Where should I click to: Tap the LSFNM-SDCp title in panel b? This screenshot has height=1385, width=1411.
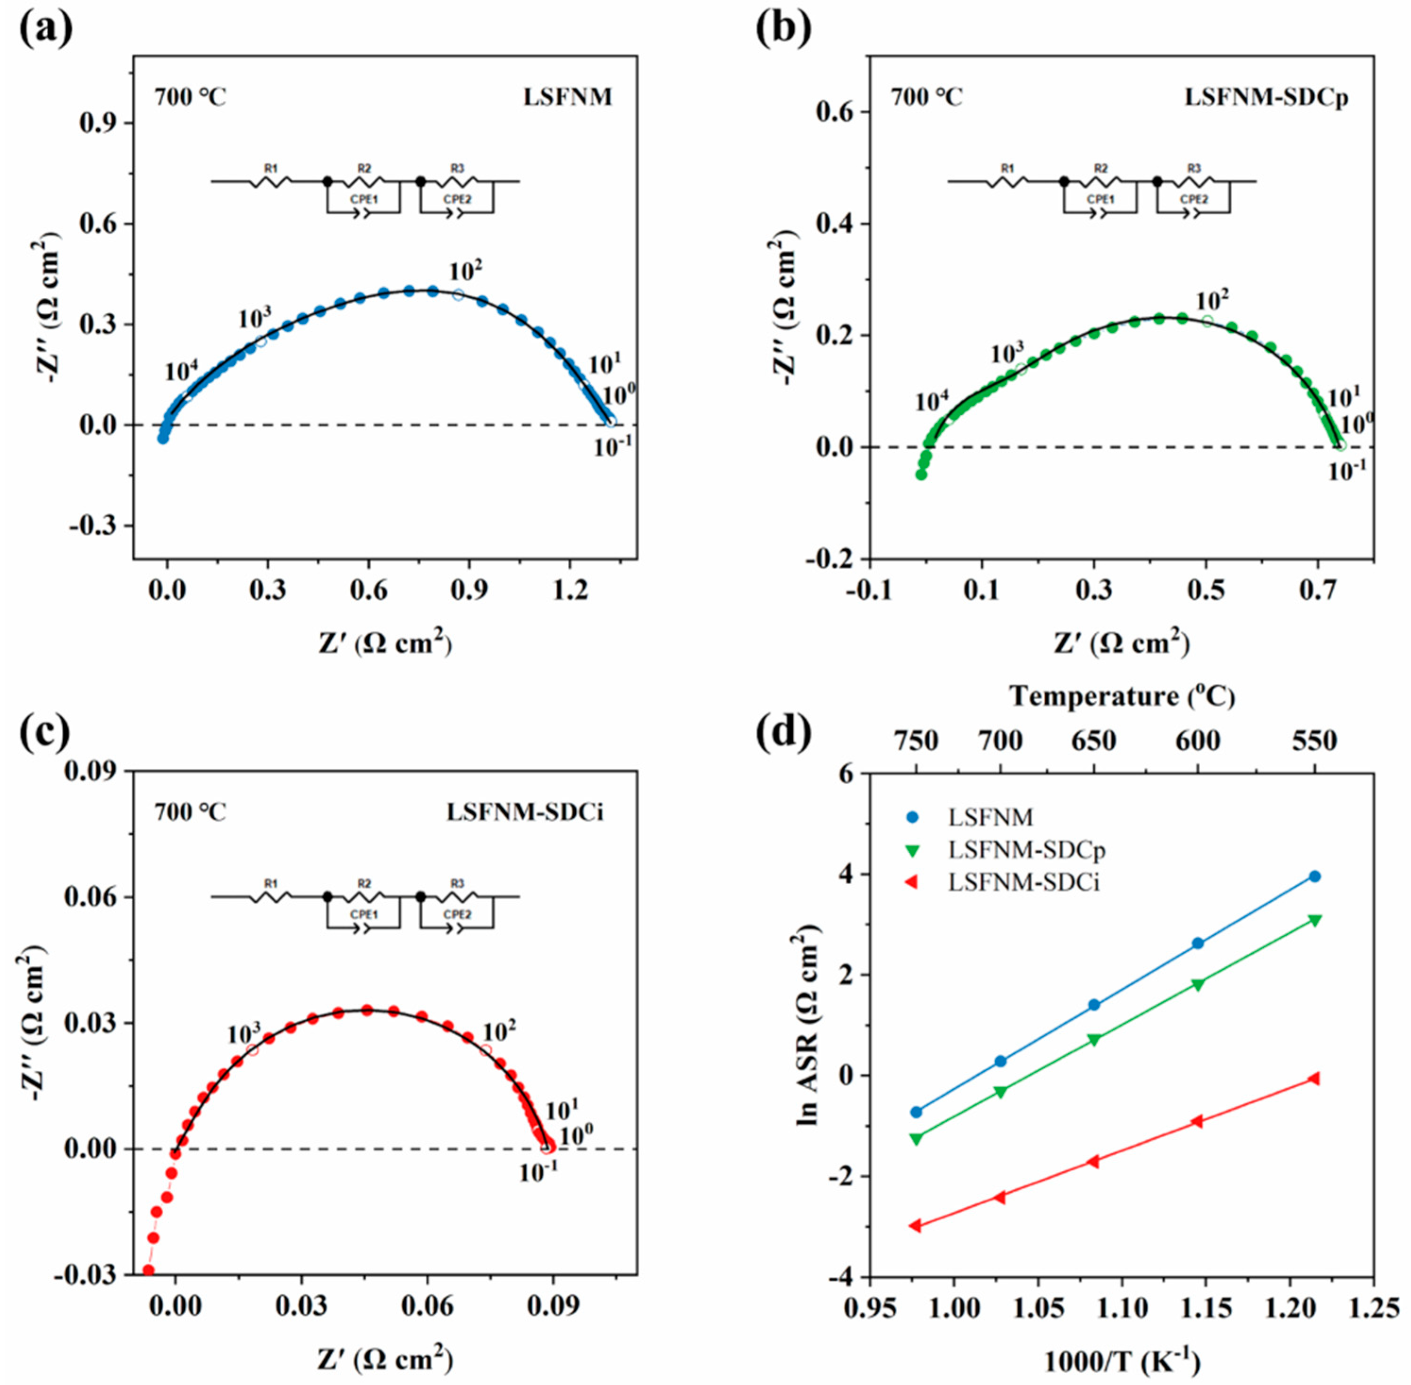(x=1266, y=97)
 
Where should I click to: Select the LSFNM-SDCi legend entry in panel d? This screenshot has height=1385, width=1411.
(x=1024, y=883)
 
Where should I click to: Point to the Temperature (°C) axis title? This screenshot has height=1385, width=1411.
(x=1122, y=697)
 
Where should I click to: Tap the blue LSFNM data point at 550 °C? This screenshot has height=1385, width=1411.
(x=1314, y=876)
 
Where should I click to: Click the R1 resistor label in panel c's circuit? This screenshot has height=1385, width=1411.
(x=270, y=884)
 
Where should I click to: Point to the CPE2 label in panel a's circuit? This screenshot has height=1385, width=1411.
(x=457, y=199)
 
